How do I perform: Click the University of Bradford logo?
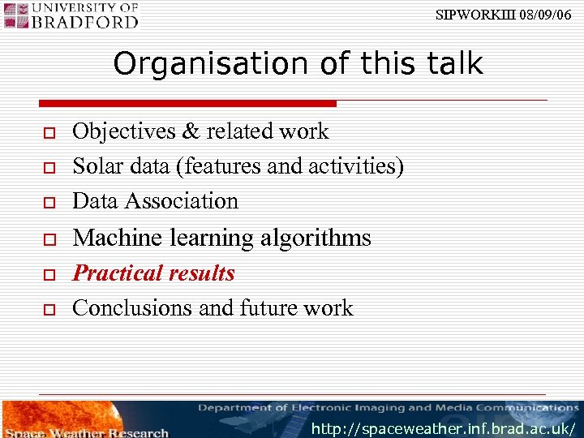pos(71,15)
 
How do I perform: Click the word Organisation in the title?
pos(201,63)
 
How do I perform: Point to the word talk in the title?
pos(452,63)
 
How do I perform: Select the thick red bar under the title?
pos(187,104)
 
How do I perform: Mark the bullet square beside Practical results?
pos(49,275)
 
